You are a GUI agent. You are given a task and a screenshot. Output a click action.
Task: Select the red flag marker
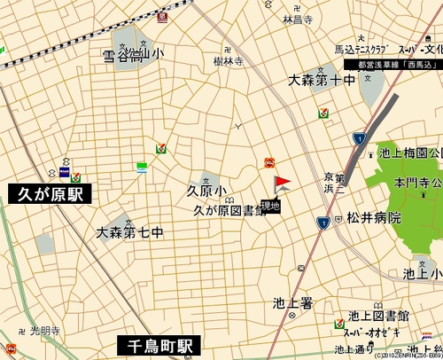click(281, 185)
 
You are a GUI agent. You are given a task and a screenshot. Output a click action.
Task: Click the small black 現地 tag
click(270, 206)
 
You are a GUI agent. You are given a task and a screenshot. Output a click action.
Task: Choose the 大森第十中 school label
click(323, 81)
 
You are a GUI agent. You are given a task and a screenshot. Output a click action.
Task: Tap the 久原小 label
click(206, 192)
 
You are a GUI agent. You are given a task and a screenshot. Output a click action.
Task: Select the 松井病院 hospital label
click(374, 217)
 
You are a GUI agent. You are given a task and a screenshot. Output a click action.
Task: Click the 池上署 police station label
click(293, 302)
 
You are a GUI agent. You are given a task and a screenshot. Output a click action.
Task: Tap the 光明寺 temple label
click(44, 331)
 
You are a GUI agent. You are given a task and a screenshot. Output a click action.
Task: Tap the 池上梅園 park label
click(410, 153)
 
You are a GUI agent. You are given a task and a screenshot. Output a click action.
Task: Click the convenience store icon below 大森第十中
click(324, 113)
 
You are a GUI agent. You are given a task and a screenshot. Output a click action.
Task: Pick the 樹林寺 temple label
click(228, 61)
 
